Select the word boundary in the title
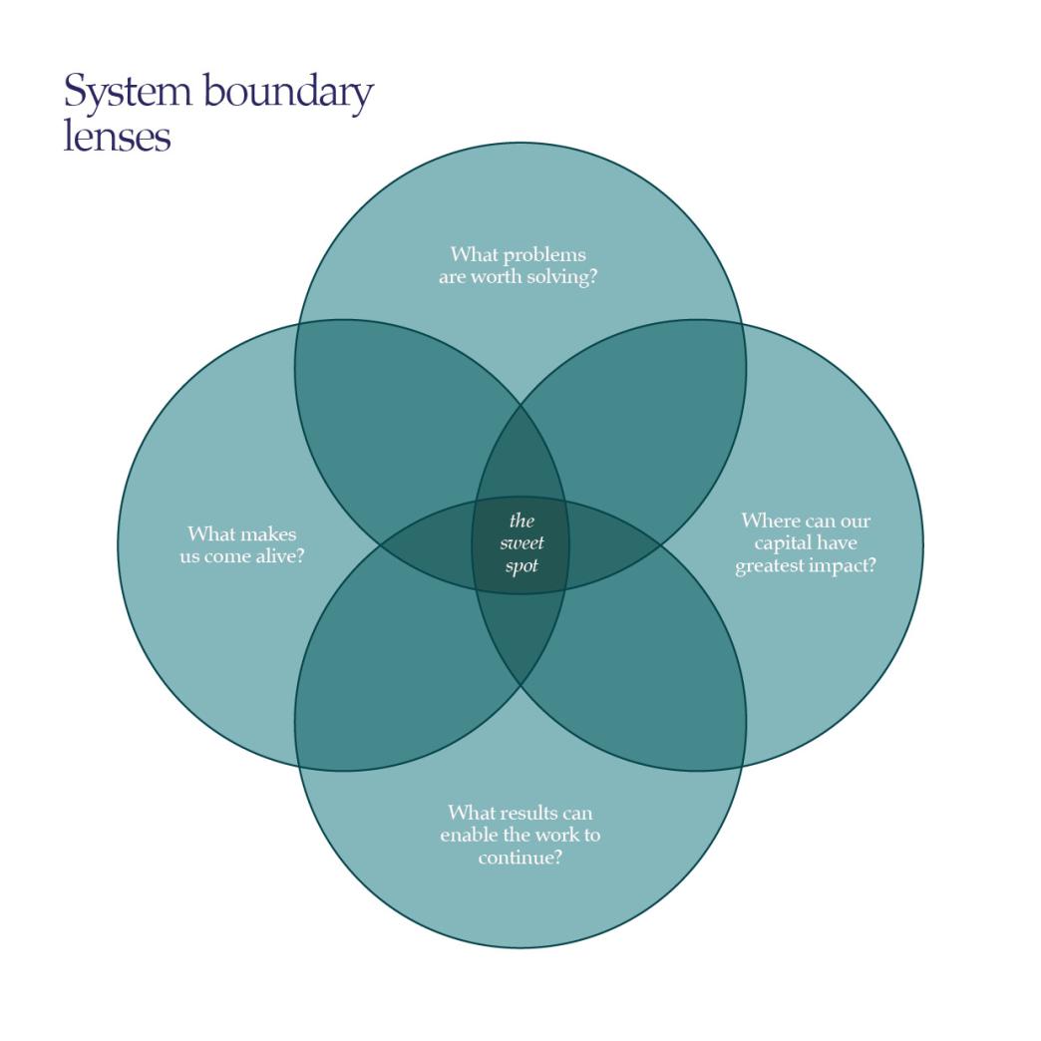tap(288, 93)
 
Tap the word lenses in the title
tap(117, 136)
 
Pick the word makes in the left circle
tap(269, 533)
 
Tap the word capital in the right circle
tap(785, 543)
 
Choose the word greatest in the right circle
tap(769, 566)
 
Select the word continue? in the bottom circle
tap(520, 856)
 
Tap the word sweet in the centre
tap(521, 543)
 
